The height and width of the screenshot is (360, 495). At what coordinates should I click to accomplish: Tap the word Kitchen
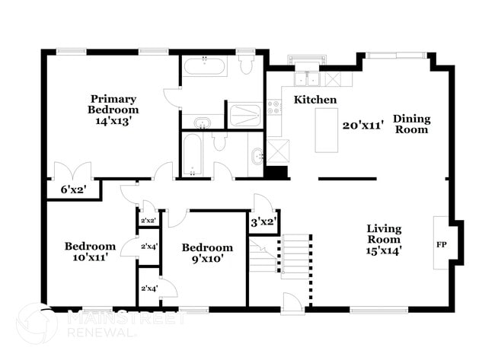point(315,100)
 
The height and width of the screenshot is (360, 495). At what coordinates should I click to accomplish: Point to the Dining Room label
point(411,124)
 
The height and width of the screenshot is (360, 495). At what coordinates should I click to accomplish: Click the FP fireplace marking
point(441,245)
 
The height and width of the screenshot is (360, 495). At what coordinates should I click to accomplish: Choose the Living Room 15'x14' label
point(384,239)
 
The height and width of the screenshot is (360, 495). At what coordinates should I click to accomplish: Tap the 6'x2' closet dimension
point(74,190)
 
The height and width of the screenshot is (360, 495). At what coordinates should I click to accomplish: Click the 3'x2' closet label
point(263,222)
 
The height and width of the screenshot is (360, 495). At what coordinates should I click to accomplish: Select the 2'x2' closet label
point(148,221)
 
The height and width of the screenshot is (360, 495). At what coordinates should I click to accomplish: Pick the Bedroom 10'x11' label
point(90,251)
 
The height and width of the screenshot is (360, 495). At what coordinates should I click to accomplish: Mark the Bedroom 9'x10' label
point(207,253)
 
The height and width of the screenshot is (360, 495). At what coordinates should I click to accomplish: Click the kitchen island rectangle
point(327,129)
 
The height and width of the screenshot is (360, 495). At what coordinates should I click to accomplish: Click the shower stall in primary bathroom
point(245,115)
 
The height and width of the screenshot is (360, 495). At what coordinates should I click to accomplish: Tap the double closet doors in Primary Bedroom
point(73,170)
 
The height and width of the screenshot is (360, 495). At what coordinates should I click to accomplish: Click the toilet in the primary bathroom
point(246,65)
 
